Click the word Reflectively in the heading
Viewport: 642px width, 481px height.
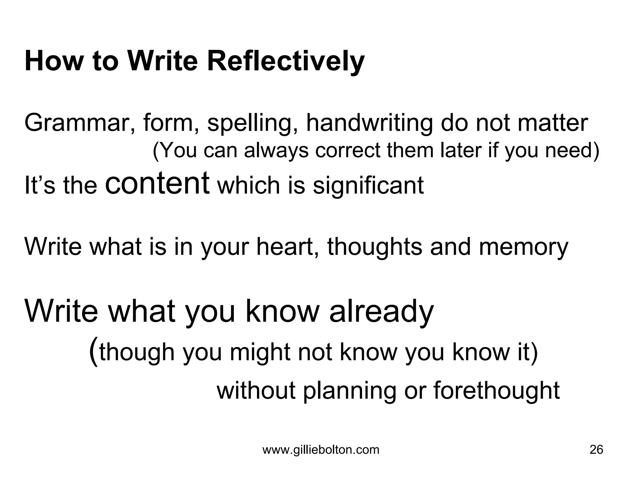(x=285, y=61)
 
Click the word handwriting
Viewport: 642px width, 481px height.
(x=370, y=123)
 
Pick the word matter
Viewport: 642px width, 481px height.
(x=552, y=123)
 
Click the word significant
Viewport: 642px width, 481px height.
(x=368, y=185)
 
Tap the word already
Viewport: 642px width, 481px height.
(x=382, y=312)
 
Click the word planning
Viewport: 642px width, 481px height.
(x=350, y=391)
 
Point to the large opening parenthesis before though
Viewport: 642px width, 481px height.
(x=93, y=352)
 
